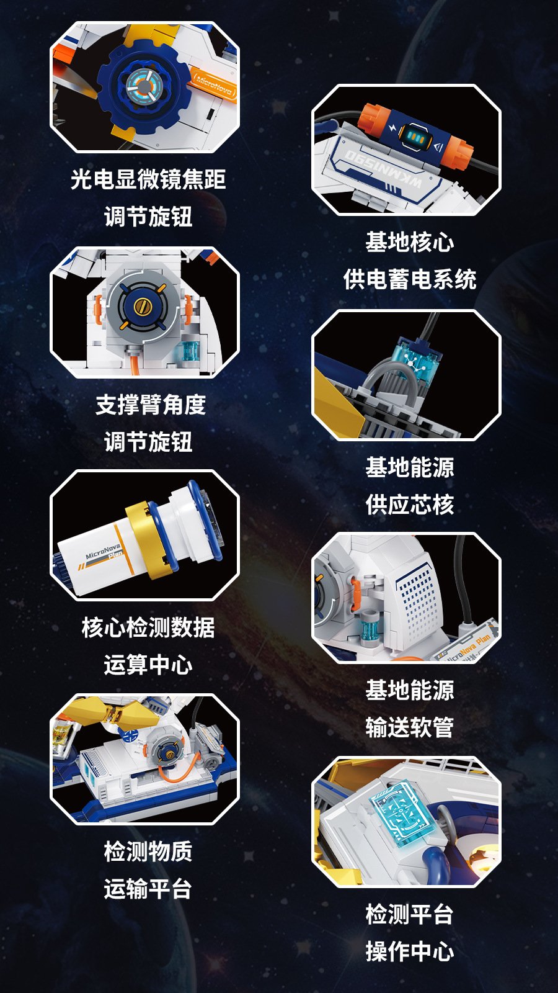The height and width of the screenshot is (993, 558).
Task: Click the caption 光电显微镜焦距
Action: tap(148, 179)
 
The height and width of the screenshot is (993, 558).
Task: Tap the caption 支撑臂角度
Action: tap(151, 405)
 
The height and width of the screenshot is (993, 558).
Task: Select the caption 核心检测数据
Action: tap(148, 627)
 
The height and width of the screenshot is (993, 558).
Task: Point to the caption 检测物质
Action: tap(148, 851)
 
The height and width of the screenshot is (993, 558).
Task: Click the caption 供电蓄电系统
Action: tap(410, 279)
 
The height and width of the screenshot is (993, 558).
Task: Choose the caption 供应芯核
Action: tap(410, 505)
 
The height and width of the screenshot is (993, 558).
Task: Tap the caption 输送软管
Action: tap(410, 727)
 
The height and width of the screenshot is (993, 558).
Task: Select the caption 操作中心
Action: tap(410, 951)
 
